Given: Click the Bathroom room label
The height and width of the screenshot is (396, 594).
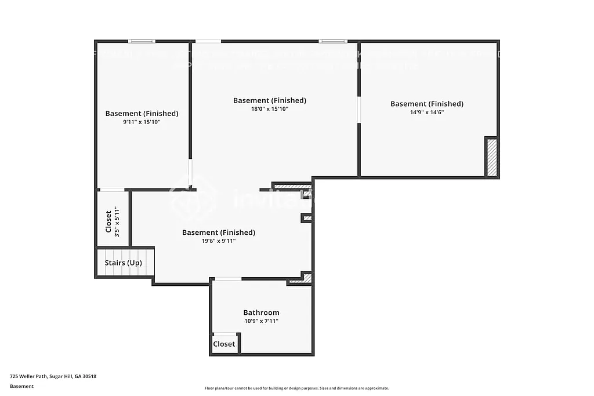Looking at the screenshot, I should coord(261,313).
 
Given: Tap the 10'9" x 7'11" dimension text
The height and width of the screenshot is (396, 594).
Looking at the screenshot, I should coord(261,321).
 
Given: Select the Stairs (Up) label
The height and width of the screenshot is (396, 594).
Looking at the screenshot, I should coord(123,263).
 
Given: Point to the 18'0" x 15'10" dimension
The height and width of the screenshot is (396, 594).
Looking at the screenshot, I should coord(269,108).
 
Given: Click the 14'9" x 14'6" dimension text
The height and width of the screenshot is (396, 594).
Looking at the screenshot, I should coord(426,112).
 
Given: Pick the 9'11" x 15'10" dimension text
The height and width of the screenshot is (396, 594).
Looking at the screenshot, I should coord(142,122).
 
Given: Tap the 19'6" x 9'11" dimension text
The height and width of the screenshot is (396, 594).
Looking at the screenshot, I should coord(218,241).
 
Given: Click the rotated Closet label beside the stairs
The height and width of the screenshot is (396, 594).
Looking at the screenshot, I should coord(108,221).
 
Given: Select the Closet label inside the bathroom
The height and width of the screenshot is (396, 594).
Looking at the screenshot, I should coord(224,344).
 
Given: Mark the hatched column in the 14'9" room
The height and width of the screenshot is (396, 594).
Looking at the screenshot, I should coord(491,157).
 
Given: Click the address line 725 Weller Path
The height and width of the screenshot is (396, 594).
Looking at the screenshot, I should coord(53,376).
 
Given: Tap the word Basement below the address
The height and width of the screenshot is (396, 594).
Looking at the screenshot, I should coord(22,386).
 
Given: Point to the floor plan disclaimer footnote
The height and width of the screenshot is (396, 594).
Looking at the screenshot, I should coord(296,388).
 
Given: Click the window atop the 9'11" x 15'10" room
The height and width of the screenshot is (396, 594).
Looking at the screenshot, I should coord(142,41).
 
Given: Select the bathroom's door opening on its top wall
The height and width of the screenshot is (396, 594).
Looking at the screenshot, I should coord(228,279).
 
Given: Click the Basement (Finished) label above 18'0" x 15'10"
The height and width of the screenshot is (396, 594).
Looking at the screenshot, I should coord(269,100).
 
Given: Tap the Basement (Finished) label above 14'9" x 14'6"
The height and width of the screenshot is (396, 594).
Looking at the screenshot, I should coord(426,104).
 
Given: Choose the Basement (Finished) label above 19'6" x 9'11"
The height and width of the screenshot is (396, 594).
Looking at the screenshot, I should coord(218,232).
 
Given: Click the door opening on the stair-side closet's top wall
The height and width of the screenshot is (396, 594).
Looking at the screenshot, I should coord(112,190).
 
